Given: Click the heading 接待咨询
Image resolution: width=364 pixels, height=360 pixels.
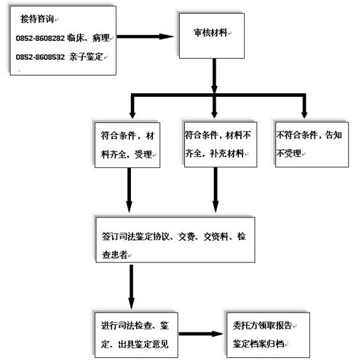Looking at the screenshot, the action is tap(37, 19).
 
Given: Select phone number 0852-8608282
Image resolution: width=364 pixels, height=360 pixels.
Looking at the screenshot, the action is tap(40, 39).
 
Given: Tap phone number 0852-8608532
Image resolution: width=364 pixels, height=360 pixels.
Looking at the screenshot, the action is tap(40, 57).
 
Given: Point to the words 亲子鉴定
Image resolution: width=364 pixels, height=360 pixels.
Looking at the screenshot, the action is tap(86, 57).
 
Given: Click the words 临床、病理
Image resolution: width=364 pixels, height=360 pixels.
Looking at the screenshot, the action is tap(88, 38).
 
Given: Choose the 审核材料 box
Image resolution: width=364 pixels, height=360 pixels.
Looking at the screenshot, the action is tap(212, 36).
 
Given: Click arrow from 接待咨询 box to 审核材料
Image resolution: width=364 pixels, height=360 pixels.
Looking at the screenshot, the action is tap(145, 37).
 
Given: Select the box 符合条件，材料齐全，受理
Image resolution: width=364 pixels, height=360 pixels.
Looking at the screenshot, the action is tap(127, 145).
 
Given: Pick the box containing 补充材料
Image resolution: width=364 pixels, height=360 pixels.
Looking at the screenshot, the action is tap(221, 145).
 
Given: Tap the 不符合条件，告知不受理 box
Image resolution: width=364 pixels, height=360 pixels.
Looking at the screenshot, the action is tap(312, 145).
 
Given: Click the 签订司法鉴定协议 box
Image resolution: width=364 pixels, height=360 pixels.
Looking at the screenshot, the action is tap(175, 240).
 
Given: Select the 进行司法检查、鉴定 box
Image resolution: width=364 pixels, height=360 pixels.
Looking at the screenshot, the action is tap(136, 335).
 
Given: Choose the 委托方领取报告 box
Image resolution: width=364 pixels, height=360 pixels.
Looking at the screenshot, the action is tap(268, 335).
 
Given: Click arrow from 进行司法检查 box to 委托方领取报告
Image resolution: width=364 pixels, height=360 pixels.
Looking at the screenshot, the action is tap(201, 334).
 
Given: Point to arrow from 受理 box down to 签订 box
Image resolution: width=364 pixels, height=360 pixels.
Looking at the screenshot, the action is tap(130, 191).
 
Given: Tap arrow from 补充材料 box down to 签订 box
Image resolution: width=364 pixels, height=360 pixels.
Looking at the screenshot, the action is tap(215, 190).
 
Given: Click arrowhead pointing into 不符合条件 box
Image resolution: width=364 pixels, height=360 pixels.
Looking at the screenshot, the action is tap(304, 114).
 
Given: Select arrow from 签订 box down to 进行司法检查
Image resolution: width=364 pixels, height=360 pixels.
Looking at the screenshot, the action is tap(131, 287).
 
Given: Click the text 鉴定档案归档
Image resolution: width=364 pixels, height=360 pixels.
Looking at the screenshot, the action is tap(258, 344).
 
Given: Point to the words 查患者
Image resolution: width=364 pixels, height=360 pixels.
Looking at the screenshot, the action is tap(115, 255).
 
